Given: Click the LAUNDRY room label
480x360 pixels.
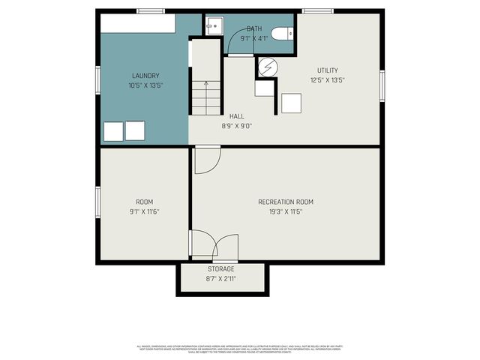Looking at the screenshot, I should coord(145,76).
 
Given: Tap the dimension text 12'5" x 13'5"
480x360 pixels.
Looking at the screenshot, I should coord(327,80).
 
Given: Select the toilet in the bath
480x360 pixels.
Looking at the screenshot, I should coord(283,34).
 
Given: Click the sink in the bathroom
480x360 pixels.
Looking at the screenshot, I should coord(213,26).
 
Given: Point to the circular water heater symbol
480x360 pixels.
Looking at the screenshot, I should coord(266,67).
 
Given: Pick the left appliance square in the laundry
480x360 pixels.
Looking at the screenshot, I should coord(112,131).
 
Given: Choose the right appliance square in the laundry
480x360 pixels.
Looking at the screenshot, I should coord(135,131).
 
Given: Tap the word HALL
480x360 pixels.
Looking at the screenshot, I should coord(237,116).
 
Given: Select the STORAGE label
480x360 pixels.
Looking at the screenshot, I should coord(221,268).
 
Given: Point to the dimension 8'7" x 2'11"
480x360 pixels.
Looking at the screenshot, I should coord(221,279).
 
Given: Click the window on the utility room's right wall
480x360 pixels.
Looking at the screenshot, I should coord(382,85).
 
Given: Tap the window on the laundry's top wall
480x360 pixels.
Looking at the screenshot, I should coord(151,10).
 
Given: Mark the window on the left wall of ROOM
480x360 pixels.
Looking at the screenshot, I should coord(97,203).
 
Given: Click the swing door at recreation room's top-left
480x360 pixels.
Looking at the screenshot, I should coord(206,160).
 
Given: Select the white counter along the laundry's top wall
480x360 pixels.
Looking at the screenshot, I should coord(138,23).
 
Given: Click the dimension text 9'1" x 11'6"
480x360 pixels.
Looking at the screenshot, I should coord(144,212).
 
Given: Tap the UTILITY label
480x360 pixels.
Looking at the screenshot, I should coord(327,70).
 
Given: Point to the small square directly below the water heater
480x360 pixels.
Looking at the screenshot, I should coord(264,88).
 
